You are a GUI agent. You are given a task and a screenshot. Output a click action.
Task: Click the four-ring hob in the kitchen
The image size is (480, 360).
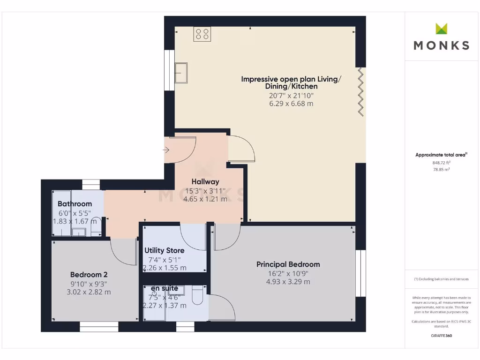[x=202, y=34]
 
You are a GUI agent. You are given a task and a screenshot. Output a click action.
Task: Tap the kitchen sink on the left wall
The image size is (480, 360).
[x=181, y=73]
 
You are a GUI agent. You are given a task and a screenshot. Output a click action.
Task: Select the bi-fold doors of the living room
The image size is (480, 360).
[x=360, y=91]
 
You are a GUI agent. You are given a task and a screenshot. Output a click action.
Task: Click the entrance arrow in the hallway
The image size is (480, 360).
[x=167, y=150]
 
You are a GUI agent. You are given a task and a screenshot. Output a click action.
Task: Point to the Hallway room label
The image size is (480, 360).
[x=205, y=181]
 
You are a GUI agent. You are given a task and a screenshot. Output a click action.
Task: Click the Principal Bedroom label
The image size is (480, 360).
[x=288, y=264]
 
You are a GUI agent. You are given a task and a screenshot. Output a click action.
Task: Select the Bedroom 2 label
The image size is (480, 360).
[x=89, y=275]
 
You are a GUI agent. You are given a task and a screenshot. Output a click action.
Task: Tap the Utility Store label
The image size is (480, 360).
[x=164, y=250]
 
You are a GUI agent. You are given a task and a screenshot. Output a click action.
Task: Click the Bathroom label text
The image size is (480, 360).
[x=75, y=204]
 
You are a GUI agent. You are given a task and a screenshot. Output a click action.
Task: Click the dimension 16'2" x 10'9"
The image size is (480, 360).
[x=288, y=273]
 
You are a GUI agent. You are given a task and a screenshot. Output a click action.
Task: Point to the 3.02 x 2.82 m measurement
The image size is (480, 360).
[x=89, y=292]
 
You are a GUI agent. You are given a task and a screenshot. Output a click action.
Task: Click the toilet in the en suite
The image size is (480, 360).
[x=197, y=294]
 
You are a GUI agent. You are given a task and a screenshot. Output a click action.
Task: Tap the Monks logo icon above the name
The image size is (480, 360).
[x=441, y=29]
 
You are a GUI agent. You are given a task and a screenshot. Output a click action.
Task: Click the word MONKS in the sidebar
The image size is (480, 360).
[x=441, y=45]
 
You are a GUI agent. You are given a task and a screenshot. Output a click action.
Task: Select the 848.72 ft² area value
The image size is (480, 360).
[x=441, y=163]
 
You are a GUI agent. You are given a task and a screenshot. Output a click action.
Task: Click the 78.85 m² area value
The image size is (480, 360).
[x=441, y=170]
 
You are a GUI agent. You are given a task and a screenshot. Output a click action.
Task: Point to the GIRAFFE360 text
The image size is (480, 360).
[x=441, y=336]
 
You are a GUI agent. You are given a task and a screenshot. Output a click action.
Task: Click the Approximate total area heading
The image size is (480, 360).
[x=441, y=155]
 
